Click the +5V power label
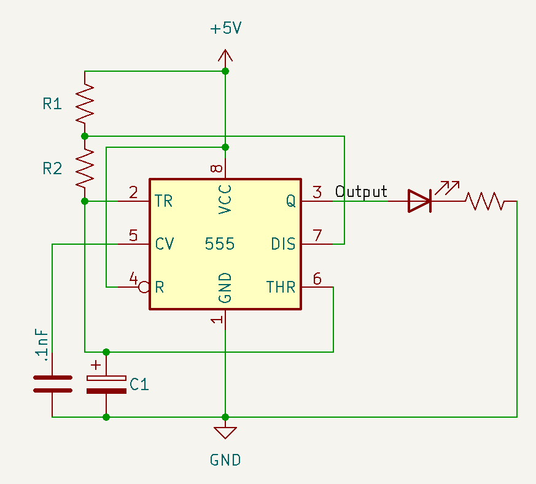coord(226,29)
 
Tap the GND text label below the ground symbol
coord(225,460)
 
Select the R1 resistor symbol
coord(85,103)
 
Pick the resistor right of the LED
coord(484,201)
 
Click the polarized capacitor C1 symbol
coord(106,384)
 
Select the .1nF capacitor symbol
coord(52,383)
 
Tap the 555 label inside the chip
coord(220,244)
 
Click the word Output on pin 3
coord(361,192)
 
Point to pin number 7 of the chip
coord(317,236)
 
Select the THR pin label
coord(281,287)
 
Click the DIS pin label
coord(283,244)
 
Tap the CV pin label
coord(165,244)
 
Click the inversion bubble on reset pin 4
coord(144,287)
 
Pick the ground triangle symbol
coord(225,432)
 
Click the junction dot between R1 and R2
coord(85,136)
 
